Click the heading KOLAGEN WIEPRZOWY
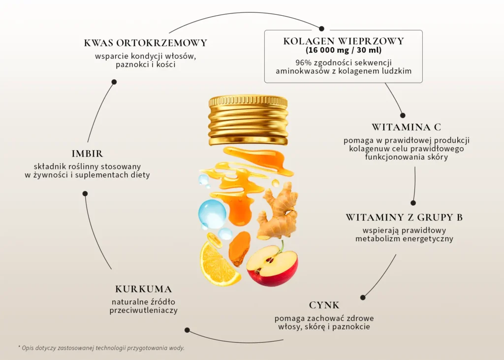pyautogui.click(x=343, y=41)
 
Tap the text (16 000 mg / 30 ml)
pyautogui.click(x=343, y=50)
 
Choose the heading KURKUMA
pyautogui.click(x=143, y=289)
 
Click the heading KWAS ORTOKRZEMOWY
pyautogui.click(x=146, y=43)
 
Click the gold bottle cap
pyautogui.click(x=248, y=120)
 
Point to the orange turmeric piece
pyautogui.click(x=239, y=248)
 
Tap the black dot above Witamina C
pyautogui.click(x=403, y=115)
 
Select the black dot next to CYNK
pyautogui.click(x=363, y=297)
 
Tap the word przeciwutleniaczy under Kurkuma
pyautogui.click(x=143, y=311)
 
